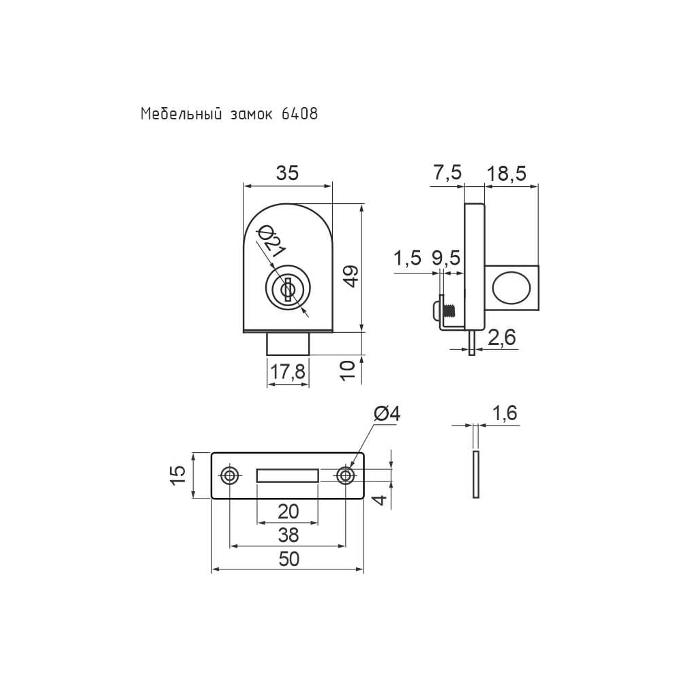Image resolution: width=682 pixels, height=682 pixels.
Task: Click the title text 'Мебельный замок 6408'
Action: tap(229, 114)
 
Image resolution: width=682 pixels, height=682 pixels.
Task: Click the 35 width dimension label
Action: tap(288, 173)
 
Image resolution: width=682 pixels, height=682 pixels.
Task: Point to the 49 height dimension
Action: tap(351, 276)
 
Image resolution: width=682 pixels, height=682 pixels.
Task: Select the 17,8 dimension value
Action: tap(288, 372)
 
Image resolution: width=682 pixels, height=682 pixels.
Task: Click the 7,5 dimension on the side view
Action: tap(447, 173)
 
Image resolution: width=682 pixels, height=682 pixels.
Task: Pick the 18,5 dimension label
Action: tap(506, 173)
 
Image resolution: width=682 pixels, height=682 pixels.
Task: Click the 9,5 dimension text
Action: tap(446, 258)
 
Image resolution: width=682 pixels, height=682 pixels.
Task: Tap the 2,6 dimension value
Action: tap(501, 338)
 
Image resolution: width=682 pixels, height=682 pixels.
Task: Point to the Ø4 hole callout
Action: tap(387, 414)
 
